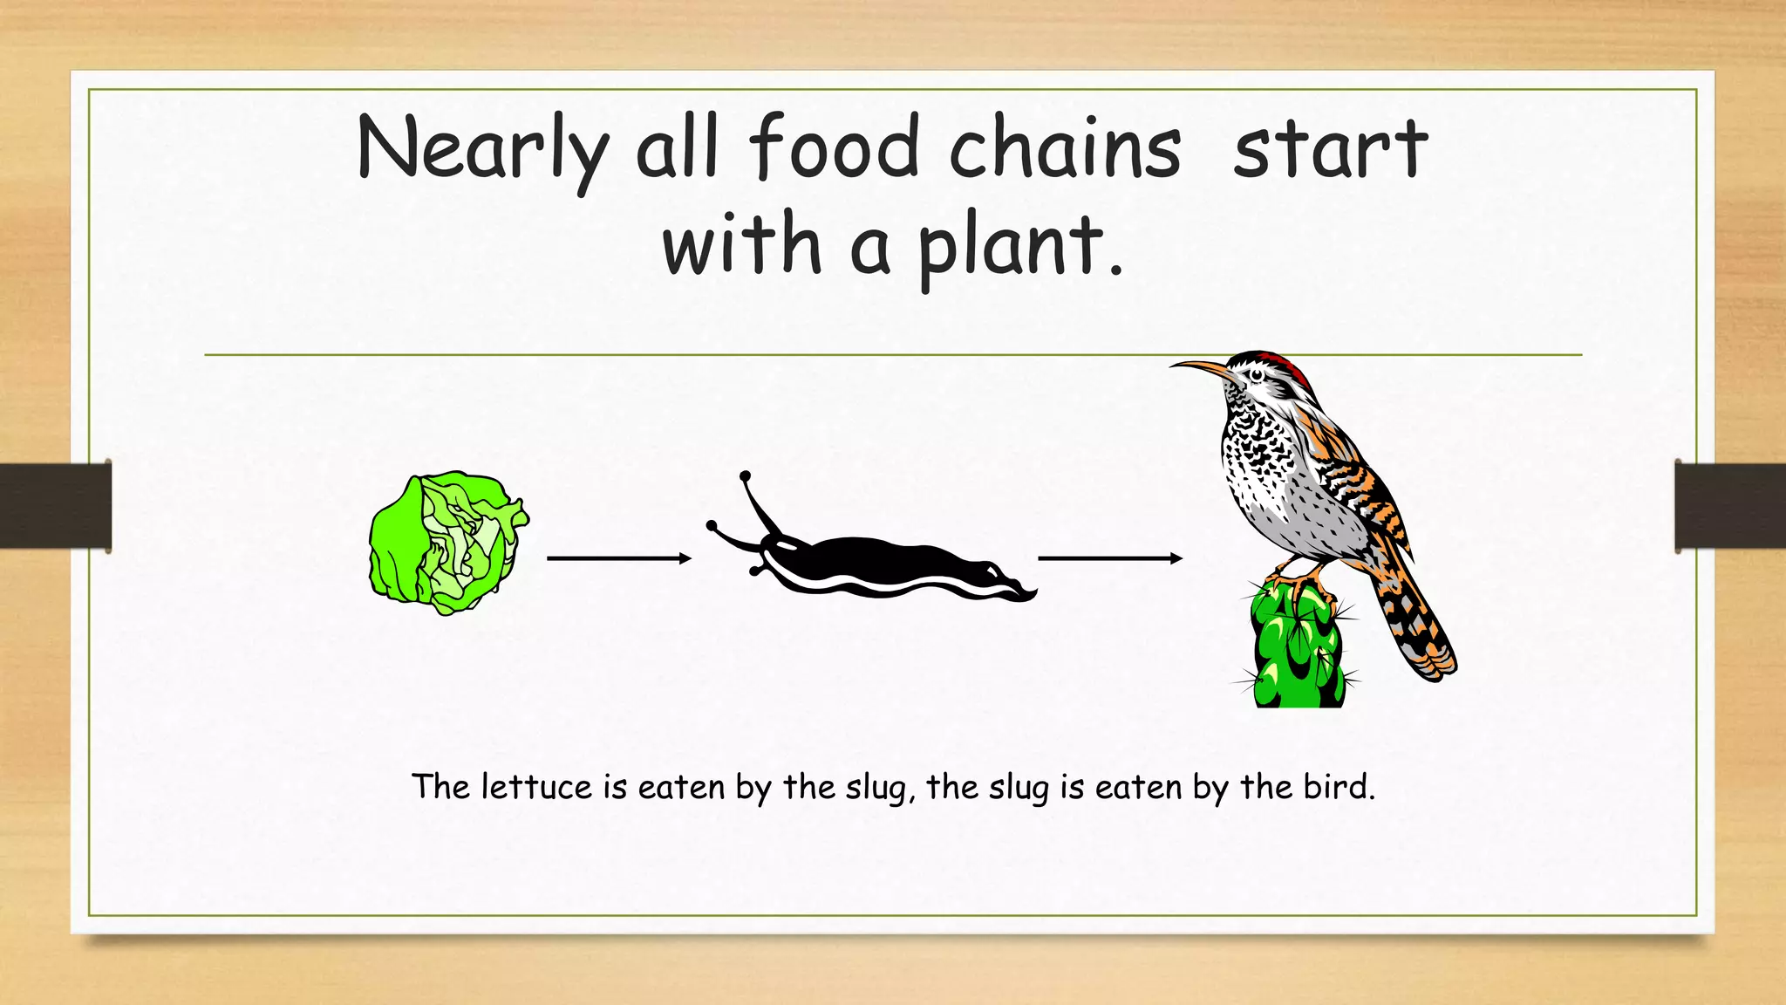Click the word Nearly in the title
(481, 148)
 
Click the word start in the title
(1330, 148)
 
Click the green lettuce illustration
(446, 543)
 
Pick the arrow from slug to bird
(1109, 558)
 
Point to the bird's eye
(1256, 375)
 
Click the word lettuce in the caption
(536, 787)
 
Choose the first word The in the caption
(441, 787)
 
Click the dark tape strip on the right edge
(1730, 506)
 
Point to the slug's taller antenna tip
(745, 476)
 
